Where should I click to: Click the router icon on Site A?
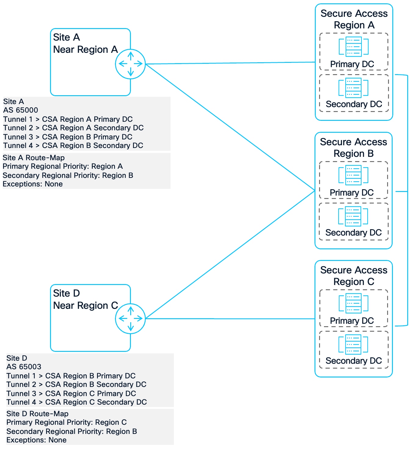[130, 64]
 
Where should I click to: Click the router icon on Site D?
[130, 319]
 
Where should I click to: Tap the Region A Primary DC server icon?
[354, 47]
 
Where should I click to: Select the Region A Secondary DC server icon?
[354, 88]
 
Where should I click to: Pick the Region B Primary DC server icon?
[353, 175]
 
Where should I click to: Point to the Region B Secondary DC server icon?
[353, 216]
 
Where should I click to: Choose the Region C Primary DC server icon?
[354, 303]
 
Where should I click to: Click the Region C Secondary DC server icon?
[353, 345]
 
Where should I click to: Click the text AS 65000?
[21, 110]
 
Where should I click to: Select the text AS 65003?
[24, 367]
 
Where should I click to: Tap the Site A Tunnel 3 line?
[68, 137]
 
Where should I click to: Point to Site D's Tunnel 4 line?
[77, 402]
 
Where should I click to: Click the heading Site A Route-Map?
[34, 158]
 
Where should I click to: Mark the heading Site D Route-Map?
[37, 414]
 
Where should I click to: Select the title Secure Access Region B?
[354, 148]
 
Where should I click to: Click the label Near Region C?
[85, 305]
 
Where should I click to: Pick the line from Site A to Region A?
[229, 63]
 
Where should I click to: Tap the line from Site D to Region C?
[229, 319]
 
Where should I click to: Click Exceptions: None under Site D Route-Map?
[36, 440]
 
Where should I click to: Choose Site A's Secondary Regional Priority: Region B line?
[68, 175]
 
